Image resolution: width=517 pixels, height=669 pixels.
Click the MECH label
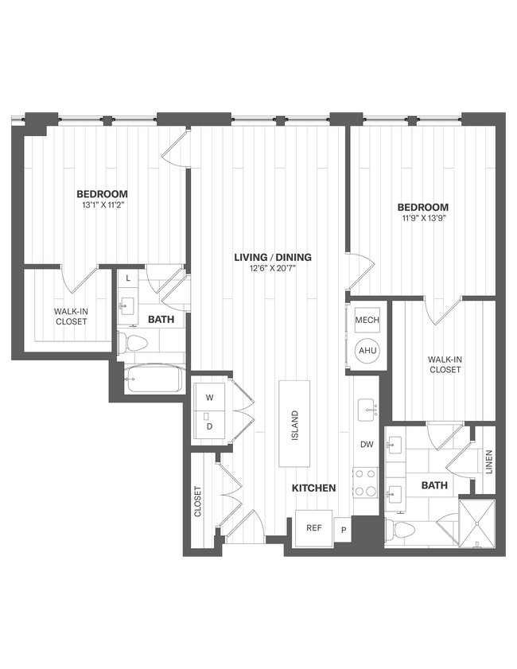click(x=367, y=320)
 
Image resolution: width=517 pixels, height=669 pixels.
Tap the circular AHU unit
click(x=367, y=351)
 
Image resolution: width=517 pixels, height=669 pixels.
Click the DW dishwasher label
click(x=367, y=445)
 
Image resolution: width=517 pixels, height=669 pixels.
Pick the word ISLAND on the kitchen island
click(x=294, y=425)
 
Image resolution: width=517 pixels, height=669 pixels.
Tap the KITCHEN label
click(x=313, y=488)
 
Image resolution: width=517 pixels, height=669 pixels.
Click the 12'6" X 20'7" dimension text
click(x=273, y=270)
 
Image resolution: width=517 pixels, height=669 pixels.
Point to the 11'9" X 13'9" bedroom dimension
click(x=423, y=220)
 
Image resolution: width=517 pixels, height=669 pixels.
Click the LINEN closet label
click(x=488, y=461)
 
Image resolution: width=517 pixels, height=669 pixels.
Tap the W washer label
click(x=209, y=397)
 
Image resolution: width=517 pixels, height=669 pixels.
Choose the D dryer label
click(x=209, y=426)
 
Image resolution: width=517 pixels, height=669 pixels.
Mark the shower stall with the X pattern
click(x=477, y=523)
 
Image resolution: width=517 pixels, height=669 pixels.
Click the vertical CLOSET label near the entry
click(x=197, y=502)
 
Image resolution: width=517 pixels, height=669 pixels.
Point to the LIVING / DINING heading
click(x=273, y=257)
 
